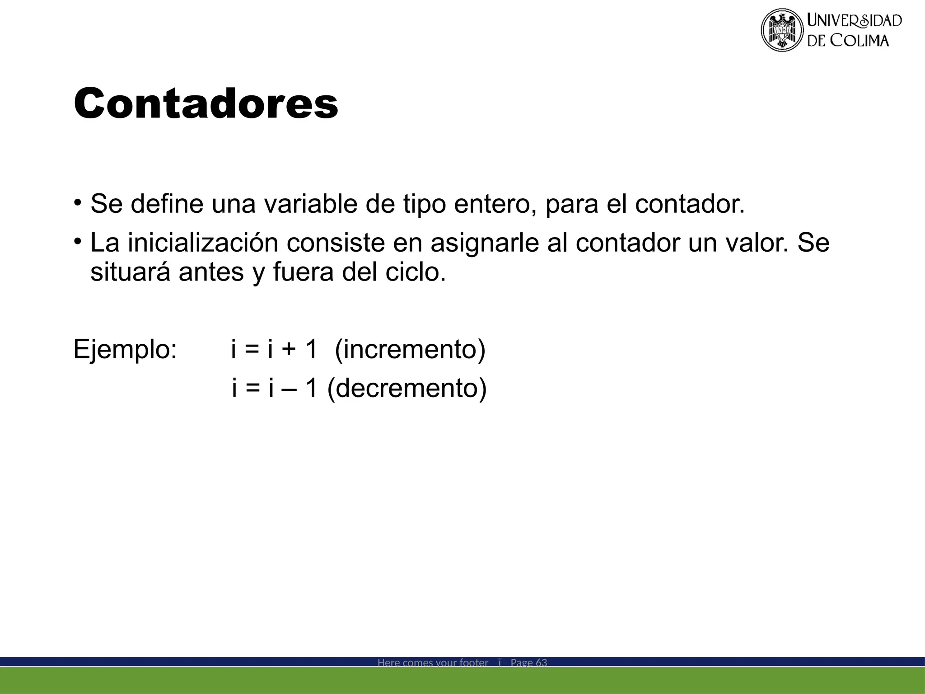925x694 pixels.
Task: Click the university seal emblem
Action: tap(782, 30)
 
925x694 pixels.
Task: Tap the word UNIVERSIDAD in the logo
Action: tap(854, 21)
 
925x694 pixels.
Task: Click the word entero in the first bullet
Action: tap(495, 204)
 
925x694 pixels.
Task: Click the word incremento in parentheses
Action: tap(410, 349)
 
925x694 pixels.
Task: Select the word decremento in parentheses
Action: tap(407, 388)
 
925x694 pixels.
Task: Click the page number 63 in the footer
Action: tap(541, 663)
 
